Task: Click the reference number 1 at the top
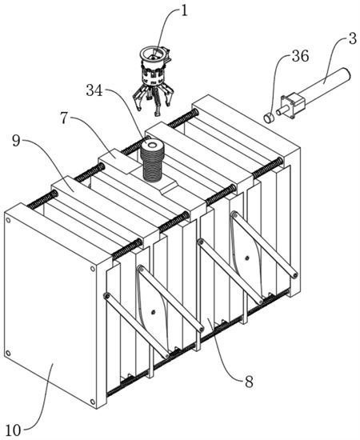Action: (x=183, y=13)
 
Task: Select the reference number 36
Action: (x=300, y=57)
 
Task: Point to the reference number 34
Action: (x=94, y=90)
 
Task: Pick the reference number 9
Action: (x=16, y=141)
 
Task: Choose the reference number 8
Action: (x=249, y=382)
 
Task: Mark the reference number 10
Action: (x=13, y=430)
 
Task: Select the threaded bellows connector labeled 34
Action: (x=152, y=160)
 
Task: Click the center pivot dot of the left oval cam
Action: (x=153, y=312)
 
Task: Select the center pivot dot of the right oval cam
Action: (x=247, y=258)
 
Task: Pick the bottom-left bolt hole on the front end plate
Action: (x=9, y=353)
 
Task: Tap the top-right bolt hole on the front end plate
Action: (x=92, y=269)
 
